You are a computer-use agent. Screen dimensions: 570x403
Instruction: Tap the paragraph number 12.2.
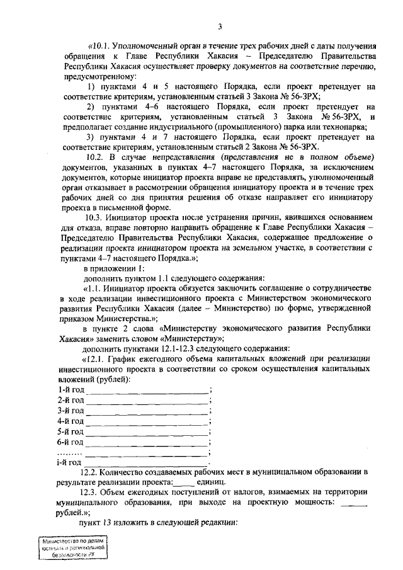[93, 472]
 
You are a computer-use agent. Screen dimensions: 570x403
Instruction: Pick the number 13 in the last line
[125, 523]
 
